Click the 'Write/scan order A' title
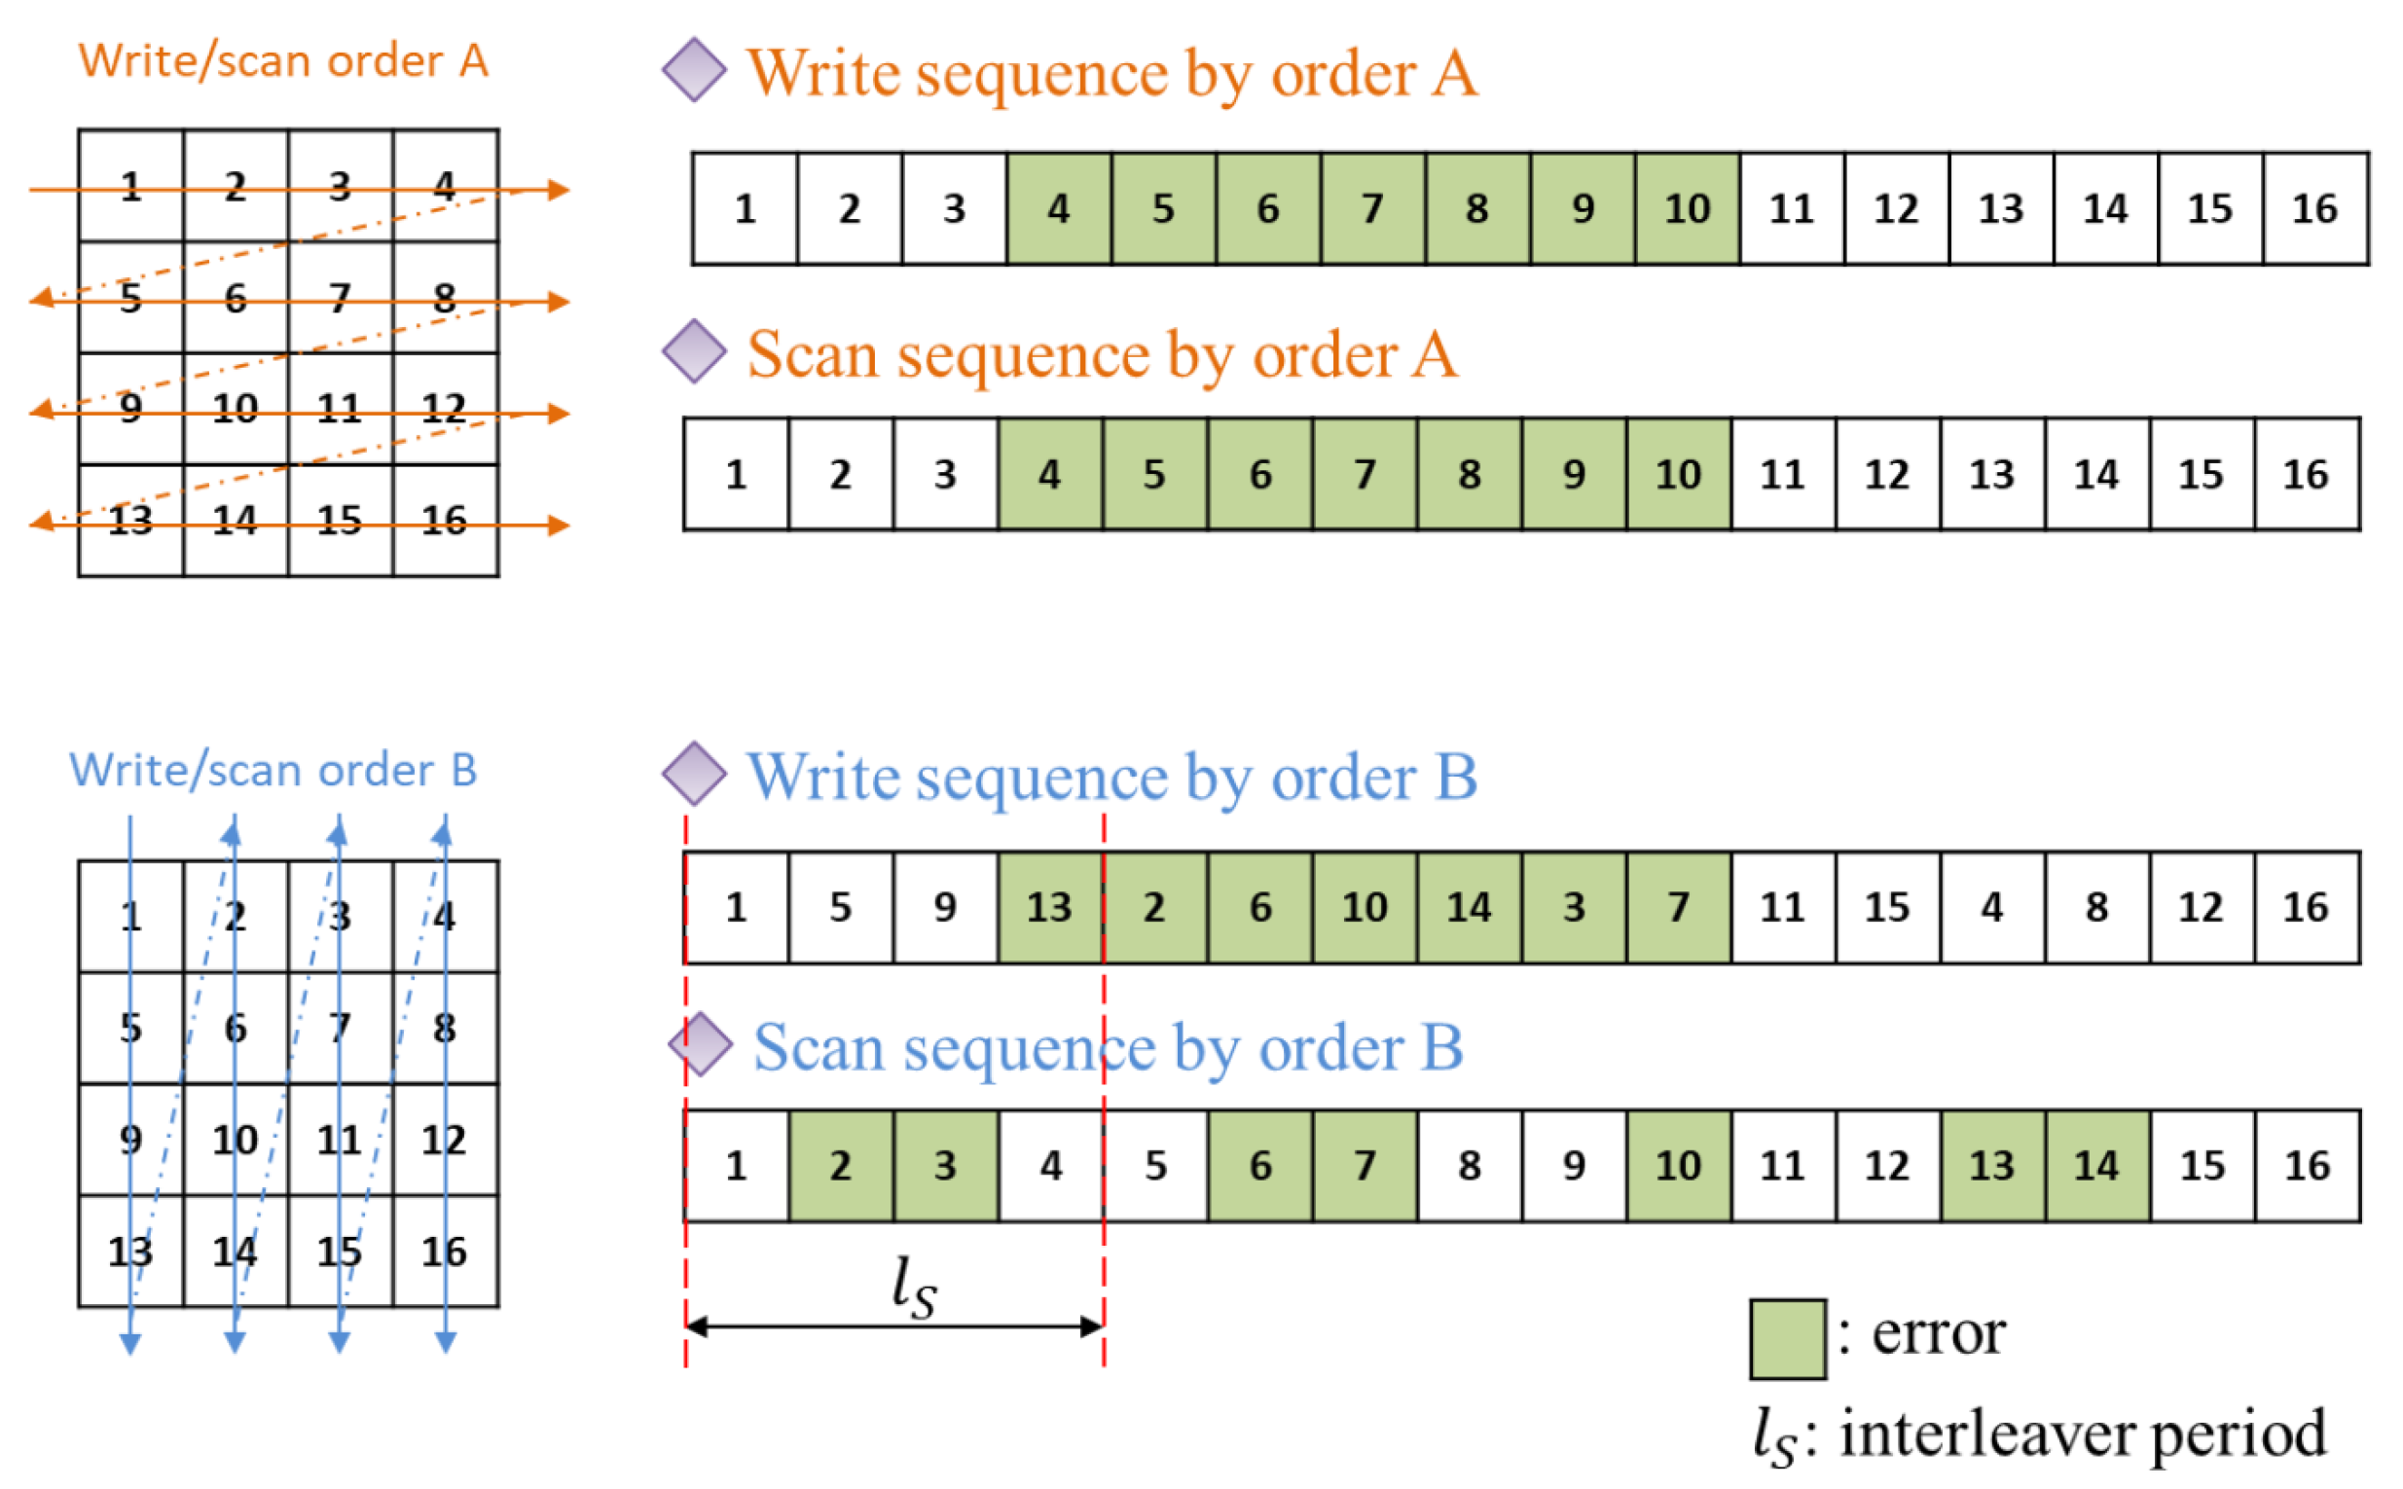click(283, 61)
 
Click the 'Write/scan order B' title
click(273, 770)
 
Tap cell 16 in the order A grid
click(445, 521)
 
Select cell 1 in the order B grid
click(131, 917)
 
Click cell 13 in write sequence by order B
click(1050, 908)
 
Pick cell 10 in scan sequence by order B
click(1678, 1167)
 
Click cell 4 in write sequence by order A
click(1059, 209)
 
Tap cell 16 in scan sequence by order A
click(2306, 476)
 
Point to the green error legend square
click(1788, 1339)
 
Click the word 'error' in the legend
click(1938, 1333)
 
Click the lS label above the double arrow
click(914, 1288)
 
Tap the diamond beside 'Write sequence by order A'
click(694, 71)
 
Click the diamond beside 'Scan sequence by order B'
click(700, 1045)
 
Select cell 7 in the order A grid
click(341, 298)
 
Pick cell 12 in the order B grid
click(445, 1141)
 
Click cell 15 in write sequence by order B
click(1887, 908)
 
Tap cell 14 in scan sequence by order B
click(2096, 1167)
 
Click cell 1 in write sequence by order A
click(745, 209)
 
